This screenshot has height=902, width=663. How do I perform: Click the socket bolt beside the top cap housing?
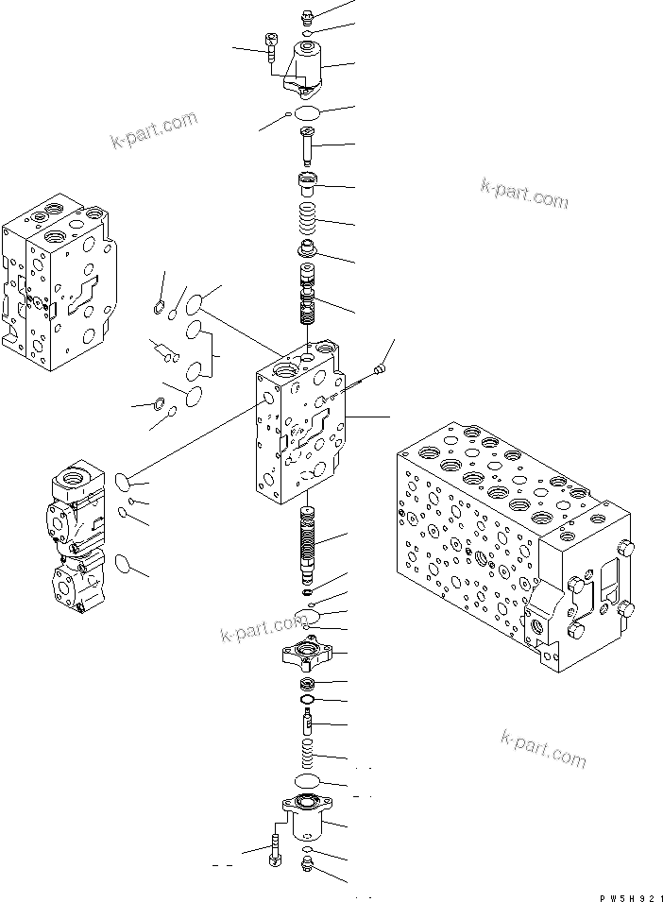[x=272, y=47]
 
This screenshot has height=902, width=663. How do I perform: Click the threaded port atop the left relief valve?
[x=76, y=479]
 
